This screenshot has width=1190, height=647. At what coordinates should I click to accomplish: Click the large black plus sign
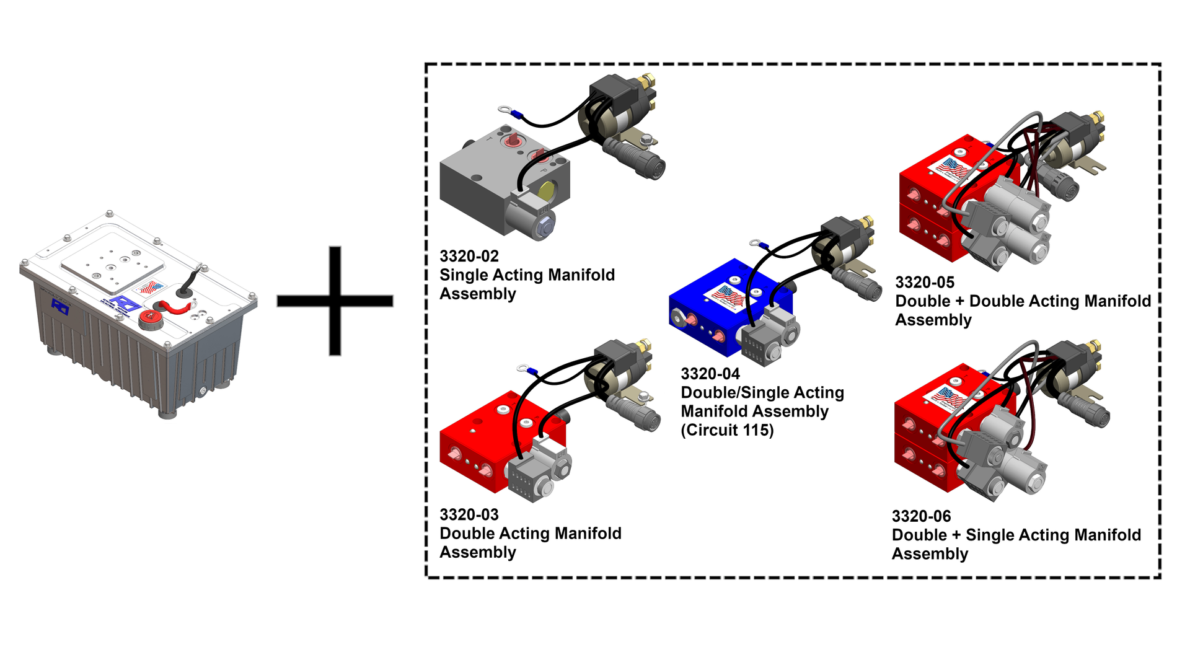[x=335, y=301]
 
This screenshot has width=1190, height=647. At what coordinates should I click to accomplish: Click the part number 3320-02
[x=469, y=256]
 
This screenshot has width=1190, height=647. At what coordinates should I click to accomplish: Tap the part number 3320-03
[x=469, y=514]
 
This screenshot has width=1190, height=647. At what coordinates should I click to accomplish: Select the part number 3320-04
[x=710, y=374]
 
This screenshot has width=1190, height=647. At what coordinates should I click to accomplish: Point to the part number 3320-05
[x=924, y=283]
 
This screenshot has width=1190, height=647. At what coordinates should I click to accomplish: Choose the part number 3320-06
[x=921, y=516]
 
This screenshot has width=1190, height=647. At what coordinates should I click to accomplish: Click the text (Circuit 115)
[x=727, y=430]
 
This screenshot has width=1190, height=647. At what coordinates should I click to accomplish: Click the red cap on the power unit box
[x=149, y=319]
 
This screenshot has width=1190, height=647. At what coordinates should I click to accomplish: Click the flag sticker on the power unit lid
[x=149, y=287]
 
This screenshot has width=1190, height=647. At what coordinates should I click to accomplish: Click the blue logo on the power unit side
[x=60, y=306]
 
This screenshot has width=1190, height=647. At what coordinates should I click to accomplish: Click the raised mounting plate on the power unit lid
[x=112, y=263]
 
